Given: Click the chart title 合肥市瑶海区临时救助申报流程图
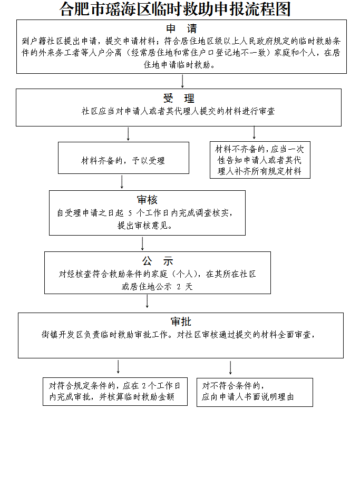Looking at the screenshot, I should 176,9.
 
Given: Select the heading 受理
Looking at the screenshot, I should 179,99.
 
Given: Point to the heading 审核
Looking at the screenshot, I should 147,200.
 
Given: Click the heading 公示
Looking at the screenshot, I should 157,261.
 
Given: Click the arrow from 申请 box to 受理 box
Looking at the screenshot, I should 182,81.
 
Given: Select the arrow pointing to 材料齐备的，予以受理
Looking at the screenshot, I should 128,134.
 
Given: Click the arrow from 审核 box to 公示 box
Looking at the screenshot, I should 142,243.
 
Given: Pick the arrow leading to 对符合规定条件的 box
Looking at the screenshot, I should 118,367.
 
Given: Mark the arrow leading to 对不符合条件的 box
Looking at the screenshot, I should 230,367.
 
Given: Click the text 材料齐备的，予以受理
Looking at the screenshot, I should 123,161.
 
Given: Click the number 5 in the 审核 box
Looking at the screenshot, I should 130,213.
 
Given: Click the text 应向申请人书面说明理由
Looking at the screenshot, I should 248,397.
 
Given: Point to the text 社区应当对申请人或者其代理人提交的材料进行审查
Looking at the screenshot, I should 178,112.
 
